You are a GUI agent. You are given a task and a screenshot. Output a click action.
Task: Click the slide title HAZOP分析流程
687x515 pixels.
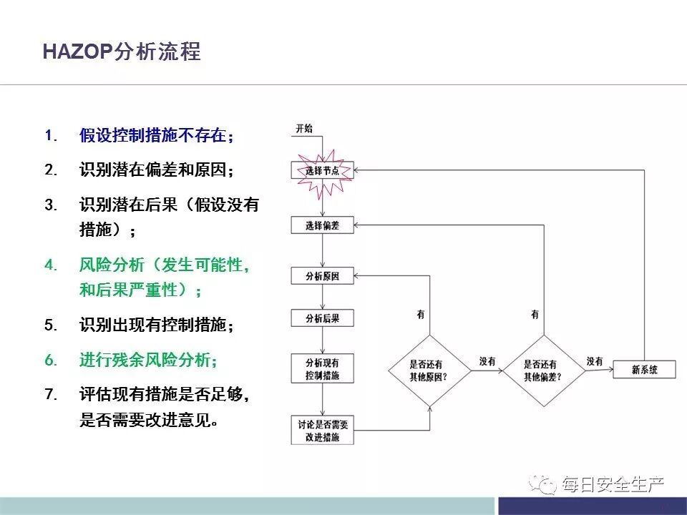click(122, 52)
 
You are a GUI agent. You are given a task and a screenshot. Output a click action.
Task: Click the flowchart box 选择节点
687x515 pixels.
click(322, 171)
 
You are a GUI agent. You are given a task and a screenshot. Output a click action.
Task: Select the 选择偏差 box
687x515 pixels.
click(322, 226)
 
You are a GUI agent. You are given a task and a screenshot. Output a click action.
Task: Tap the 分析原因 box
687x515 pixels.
click(322, 276)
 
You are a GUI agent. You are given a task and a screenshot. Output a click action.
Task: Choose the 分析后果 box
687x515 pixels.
click(322, 318)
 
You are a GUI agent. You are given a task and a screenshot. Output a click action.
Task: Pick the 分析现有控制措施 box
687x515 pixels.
click(322, 368)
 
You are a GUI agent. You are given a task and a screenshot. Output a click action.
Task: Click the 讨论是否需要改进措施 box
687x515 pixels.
click(322, 430)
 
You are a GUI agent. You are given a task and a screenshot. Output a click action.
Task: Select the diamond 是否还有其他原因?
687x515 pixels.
click(429, 370)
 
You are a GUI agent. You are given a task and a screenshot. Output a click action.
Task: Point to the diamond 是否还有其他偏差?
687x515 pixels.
click(542, 370)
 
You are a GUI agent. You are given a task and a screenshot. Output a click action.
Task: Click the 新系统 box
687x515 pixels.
click(644, 370)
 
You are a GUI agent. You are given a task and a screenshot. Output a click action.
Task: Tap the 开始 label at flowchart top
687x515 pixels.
click(304, 129)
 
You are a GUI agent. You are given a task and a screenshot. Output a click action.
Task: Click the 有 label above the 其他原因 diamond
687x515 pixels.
click(421, 315)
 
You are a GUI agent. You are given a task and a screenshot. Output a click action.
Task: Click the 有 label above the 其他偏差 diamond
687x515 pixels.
click(535, 315)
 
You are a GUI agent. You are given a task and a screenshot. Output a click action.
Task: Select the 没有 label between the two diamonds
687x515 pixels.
click(488, 362)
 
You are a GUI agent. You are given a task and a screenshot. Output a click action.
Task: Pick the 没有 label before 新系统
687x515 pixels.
click(594, 362)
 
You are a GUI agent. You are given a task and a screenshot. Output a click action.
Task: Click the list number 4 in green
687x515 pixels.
click(50, 265)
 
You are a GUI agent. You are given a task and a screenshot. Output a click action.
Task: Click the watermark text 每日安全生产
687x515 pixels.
click(613, 485)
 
